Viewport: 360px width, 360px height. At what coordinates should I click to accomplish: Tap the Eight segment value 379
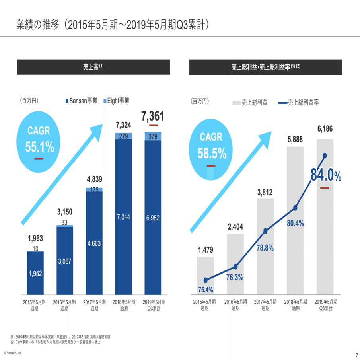(x=153, y=136)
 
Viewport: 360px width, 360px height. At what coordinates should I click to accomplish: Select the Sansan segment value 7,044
(x=123, y=217)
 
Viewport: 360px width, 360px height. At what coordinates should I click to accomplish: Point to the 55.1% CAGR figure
(x=39, y=147)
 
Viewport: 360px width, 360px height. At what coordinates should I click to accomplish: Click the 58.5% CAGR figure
(x=212, y=153)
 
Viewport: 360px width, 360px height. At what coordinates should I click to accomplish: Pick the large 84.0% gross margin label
(x=326, y=175)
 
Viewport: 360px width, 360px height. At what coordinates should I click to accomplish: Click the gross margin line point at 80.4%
(x=295, y=208)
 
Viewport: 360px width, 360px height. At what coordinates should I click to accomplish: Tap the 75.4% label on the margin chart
(x=206, y=289)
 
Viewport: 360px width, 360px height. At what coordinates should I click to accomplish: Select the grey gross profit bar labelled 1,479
(x=206, y=274)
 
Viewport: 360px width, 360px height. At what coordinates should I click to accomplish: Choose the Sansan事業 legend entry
(x=81, y=101)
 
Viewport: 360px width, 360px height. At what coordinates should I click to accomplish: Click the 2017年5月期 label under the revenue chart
(x=94, y=305)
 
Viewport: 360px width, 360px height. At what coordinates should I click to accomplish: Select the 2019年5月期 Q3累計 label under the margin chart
(x=325, y=305)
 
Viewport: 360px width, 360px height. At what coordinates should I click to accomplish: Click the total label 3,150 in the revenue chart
(x=64, y=211)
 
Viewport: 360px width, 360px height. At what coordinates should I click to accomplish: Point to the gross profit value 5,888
(x=295, y=140)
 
